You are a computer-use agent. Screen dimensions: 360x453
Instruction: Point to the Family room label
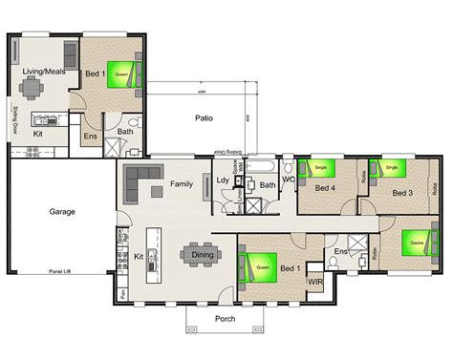[x=182, y=182]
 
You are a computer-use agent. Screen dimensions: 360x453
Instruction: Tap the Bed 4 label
[x=325, y=188]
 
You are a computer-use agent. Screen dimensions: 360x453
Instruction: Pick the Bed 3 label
[x=401, y=193]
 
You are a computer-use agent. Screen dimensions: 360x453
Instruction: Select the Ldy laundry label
[x=223, y=180]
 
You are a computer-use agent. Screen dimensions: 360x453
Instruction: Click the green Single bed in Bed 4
[x=320, y=169]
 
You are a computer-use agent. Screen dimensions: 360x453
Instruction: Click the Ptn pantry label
[x=123, y=292]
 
